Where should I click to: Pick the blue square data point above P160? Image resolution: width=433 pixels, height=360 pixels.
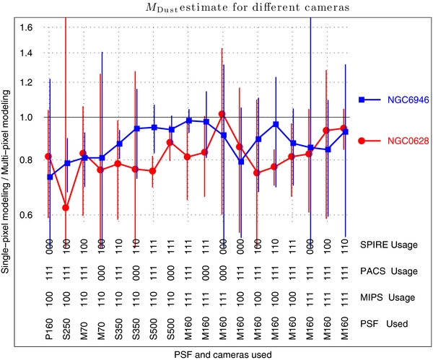coord(49,177)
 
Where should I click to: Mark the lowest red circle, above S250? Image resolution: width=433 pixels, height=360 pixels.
coord(66,208)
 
